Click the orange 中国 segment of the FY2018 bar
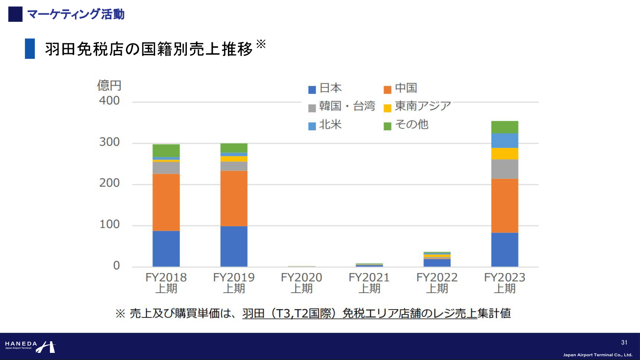click(166, 202)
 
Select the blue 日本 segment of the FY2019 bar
click(234, 246)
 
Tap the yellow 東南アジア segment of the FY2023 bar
click(504, 153)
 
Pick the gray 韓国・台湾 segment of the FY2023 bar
click(504, 169)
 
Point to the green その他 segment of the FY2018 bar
click(166, 150)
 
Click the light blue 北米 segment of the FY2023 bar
click(504, 140)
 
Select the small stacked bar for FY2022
click(437, 259)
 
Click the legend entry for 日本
click(325, 88)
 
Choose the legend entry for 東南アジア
click(417, 106)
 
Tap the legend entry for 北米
click(325, 124)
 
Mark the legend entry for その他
click(406, 124)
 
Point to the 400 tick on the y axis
click(110, 101)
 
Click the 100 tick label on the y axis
click(110, 224)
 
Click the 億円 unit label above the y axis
click(109, 85)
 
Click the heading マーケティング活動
click(76, 14)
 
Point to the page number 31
click(624, 343)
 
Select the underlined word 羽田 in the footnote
click(252, 314)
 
